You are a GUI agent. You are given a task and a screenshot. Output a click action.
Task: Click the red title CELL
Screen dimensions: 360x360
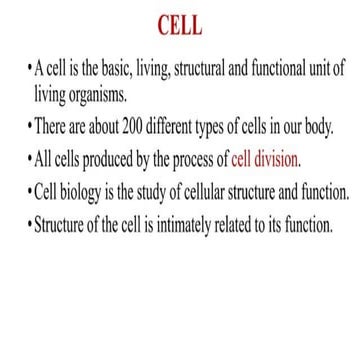pyautogui.click(x=180, y=23)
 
